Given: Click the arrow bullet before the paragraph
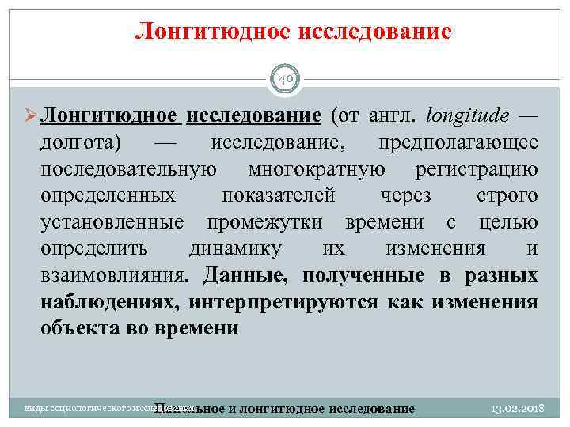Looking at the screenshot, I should pyautogui.click(x=29, y=116).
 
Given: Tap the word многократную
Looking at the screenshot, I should pyautogui.click(x=317, y=169).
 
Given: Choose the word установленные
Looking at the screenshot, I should pyautogui.click(x=112, y=222).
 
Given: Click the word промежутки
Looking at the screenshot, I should pyautogui.click(x=272, y=222).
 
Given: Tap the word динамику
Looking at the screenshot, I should pyautogui.click(x=234, y=248).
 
